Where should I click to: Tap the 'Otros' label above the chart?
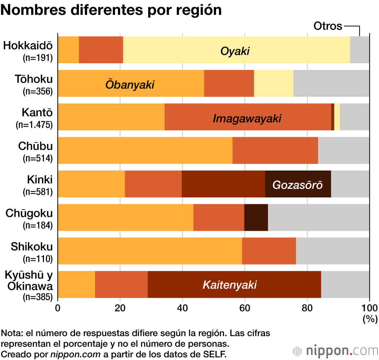(328, 26)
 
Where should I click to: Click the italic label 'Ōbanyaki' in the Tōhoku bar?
(130, 85)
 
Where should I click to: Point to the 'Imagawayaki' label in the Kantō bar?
(247, 118)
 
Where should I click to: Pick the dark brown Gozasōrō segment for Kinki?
(298, 184)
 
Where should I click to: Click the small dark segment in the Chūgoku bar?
(256, 218)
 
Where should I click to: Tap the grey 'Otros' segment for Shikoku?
(332, 251)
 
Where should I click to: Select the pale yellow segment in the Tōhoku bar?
(273, 83)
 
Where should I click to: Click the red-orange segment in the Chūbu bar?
(275, 150)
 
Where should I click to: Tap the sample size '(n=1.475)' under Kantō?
(34, 125)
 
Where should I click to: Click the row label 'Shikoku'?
(31, 247)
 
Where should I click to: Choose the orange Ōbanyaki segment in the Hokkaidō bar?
(68, 50)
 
